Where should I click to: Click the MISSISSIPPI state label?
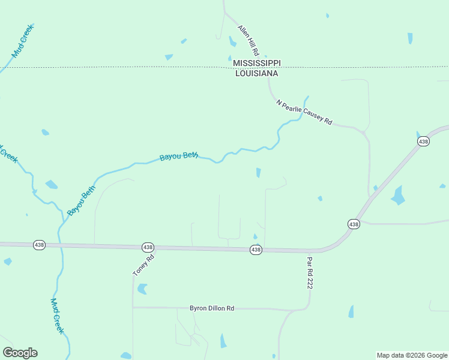coord(256,63)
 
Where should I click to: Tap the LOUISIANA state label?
coord(256,73)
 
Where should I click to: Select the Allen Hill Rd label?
coord(248,41)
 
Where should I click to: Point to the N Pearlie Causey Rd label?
coord(304,112)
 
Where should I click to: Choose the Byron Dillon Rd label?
coord(212,308)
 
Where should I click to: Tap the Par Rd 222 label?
coord(310,274)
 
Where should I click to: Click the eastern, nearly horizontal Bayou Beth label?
coord(179,157)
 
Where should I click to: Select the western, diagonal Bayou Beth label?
coord(82,200)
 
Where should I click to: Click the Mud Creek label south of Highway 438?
coord(57,316)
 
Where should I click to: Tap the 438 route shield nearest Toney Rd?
coord(148,247)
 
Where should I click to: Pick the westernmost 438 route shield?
coord(39,245)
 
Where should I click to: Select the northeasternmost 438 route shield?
coord(424,141)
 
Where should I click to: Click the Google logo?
coord(20,353)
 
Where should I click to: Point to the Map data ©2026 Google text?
coord(412,355)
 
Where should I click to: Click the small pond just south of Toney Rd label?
coord(142,289)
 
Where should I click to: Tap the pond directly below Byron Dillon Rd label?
coord(223,341)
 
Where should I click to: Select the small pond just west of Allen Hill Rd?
coord(232,41)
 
